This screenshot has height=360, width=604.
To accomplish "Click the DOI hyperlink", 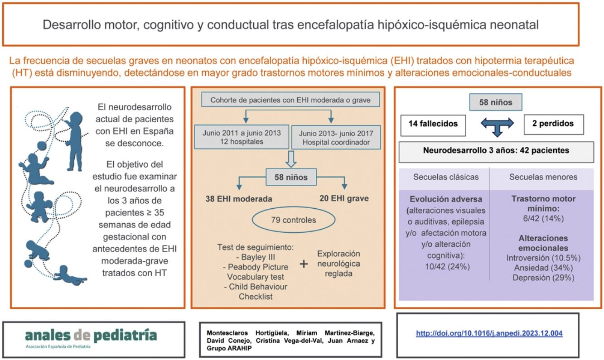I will coord(489,333).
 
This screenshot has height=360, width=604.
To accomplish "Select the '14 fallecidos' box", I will coord(433,124).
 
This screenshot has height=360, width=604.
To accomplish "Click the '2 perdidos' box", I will coord(553,124).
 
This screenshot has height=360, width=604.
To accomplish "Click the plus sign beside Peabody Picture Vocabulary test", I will coord(304,265).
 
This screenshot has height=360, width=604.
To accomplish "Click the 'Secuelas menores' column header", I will coord(543,177).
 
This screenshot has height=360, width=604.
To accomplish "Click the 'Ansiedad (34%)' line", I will coord(543,268).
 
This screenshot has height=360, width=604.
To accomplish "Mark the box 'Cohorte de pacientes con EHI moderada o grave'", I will coord(290,100).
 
